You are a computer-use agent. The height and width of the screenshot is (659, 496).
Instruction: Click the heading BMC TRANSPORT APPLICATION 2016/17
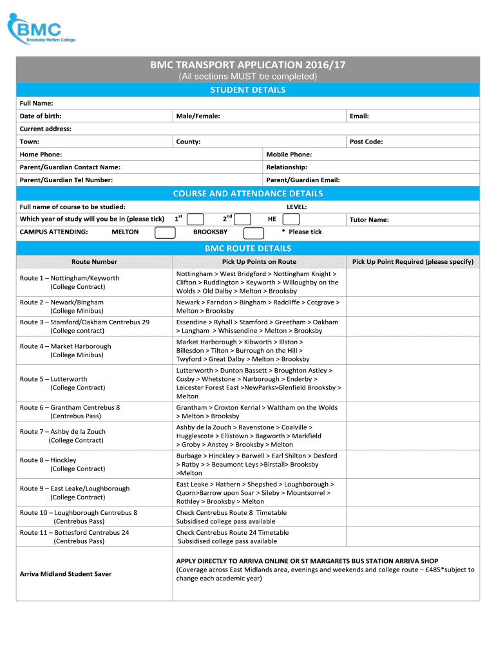pyautogui.click(x=248, y=65)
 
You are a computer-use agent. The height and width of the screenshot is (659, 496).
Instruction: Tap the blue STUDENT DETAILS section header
pyautogui.click(x=248, y=89)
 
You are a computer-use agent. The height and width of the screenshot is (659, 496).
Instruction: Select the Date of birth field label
pyautogui.click(x=45, y=116)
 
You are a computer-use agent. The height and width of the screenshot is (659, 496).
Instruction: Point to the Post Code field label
pyautogui.click(x=366, y=142)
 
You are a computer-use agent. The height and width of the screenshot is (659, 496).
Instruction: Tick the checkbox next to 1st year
pyautogui.click(x=196, y=219)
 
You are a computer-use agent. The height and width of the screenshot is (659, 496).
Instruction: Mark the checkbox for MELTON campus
pyautogui.click(x=165, y=232)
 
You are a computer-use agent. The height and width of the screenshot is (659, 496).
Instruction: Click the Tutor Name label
pyautogui.click(x=368, y=219)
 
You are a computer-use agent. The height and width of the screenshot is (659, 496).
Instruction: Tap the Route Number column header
pyautogui.click(x=94, y=262)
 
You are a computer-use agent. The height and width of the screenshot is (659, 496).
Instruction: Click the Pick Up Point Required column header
pyautogui.click(x=412, y=262)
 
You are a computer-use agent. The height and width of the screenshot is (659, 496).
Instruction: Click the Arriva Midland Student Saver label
pyautogui.click(x=66, y=573)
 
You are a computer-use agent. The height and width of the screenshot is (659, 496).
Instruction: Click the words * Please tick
pyautogui.click(x=302, y=232)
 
